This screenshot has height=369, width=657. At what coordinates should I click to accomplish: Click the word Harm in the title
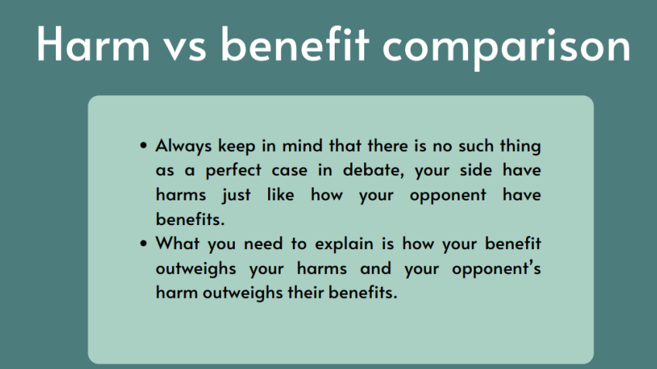click(x=93, y=44)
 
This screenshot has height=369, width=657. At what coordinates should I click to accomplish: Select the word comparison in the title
click(x=506, y=49)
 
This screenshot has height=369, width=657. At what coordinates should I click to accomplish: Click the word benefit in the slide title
click(x=295, y=44)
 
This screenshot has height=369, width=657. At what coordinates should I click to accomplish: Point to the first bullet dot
click(x=144, y=145)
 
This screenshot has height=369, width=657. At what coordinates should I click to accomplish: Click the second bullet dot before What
click(x=144, y=244)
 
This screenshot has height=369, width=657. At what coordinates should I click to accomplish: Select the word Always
click(x=184, y=146)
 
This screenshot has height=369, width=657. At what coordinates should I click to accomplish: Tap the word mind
click(x=302, y=145)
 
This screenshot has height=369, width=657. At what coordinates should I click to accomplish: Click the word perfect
click(x=233, y=171)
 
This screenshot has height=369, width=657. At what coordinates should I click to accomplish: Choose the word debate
click(x=373, y=170)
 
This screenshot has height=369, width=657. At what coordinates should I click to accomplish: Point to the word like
click(x=280, y=194)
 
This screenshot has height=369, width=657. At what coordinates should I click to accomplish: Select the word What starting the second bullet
click(x=177, y=244)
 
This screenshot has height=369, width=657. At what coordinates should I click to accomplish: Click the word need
click(x=263, y=244)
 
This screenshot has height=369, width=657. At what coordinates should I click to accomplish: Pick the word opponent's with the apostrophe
click(x=497, y=269)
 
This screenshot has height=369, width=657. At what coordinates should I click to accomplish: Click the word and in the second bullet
click(x=376, y=268)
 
